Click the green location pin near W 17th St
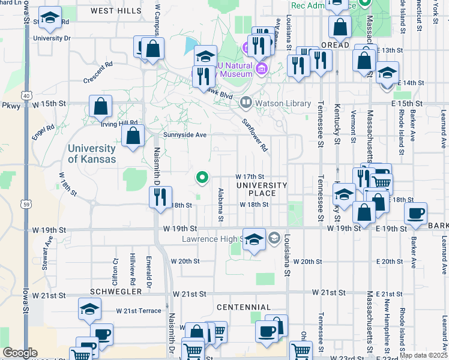203,177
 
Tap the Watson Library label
274,103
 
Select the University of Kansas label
92,154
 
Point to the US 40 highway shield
26,95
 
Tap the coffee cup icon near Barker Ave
415,213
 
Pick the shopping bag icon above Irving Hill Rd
101,106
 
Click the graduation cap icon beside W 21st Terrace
89,310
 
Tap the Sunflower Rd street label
255,134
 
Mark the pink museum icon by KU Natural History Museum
260,70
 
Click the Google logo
20,353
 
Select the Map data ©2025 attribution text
423,355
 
